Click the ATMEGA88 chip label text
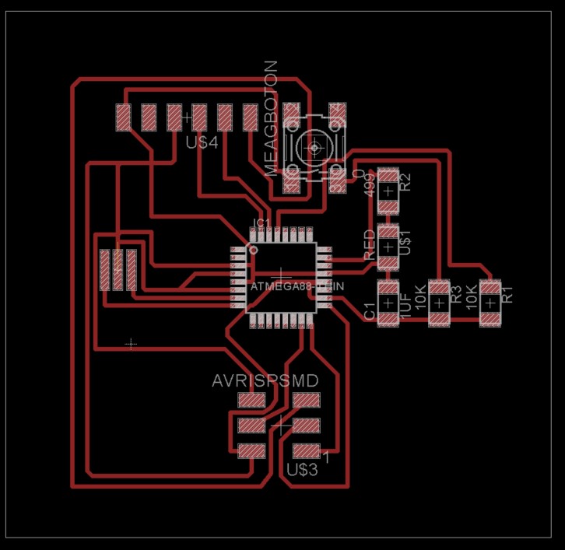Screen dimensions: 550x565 click(297, 287)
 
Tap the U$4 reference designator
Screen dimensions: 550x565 click(202, 143)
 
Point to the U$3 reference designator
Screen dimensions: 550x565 click(302, 470)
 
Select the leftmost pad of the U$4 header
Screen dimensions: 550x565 click(123, 117)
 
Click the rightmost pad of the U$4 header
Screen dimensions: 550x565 click(251, 117)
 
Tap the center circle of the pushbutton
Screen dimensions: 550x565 click(315, 146)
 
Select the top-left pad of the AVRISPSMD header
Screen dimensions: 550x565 click(251, 401)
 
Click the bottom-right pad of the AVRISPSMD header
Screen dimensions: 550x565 click(306, 450)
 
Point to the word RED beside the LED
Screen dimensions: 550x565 click(370, 244)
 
